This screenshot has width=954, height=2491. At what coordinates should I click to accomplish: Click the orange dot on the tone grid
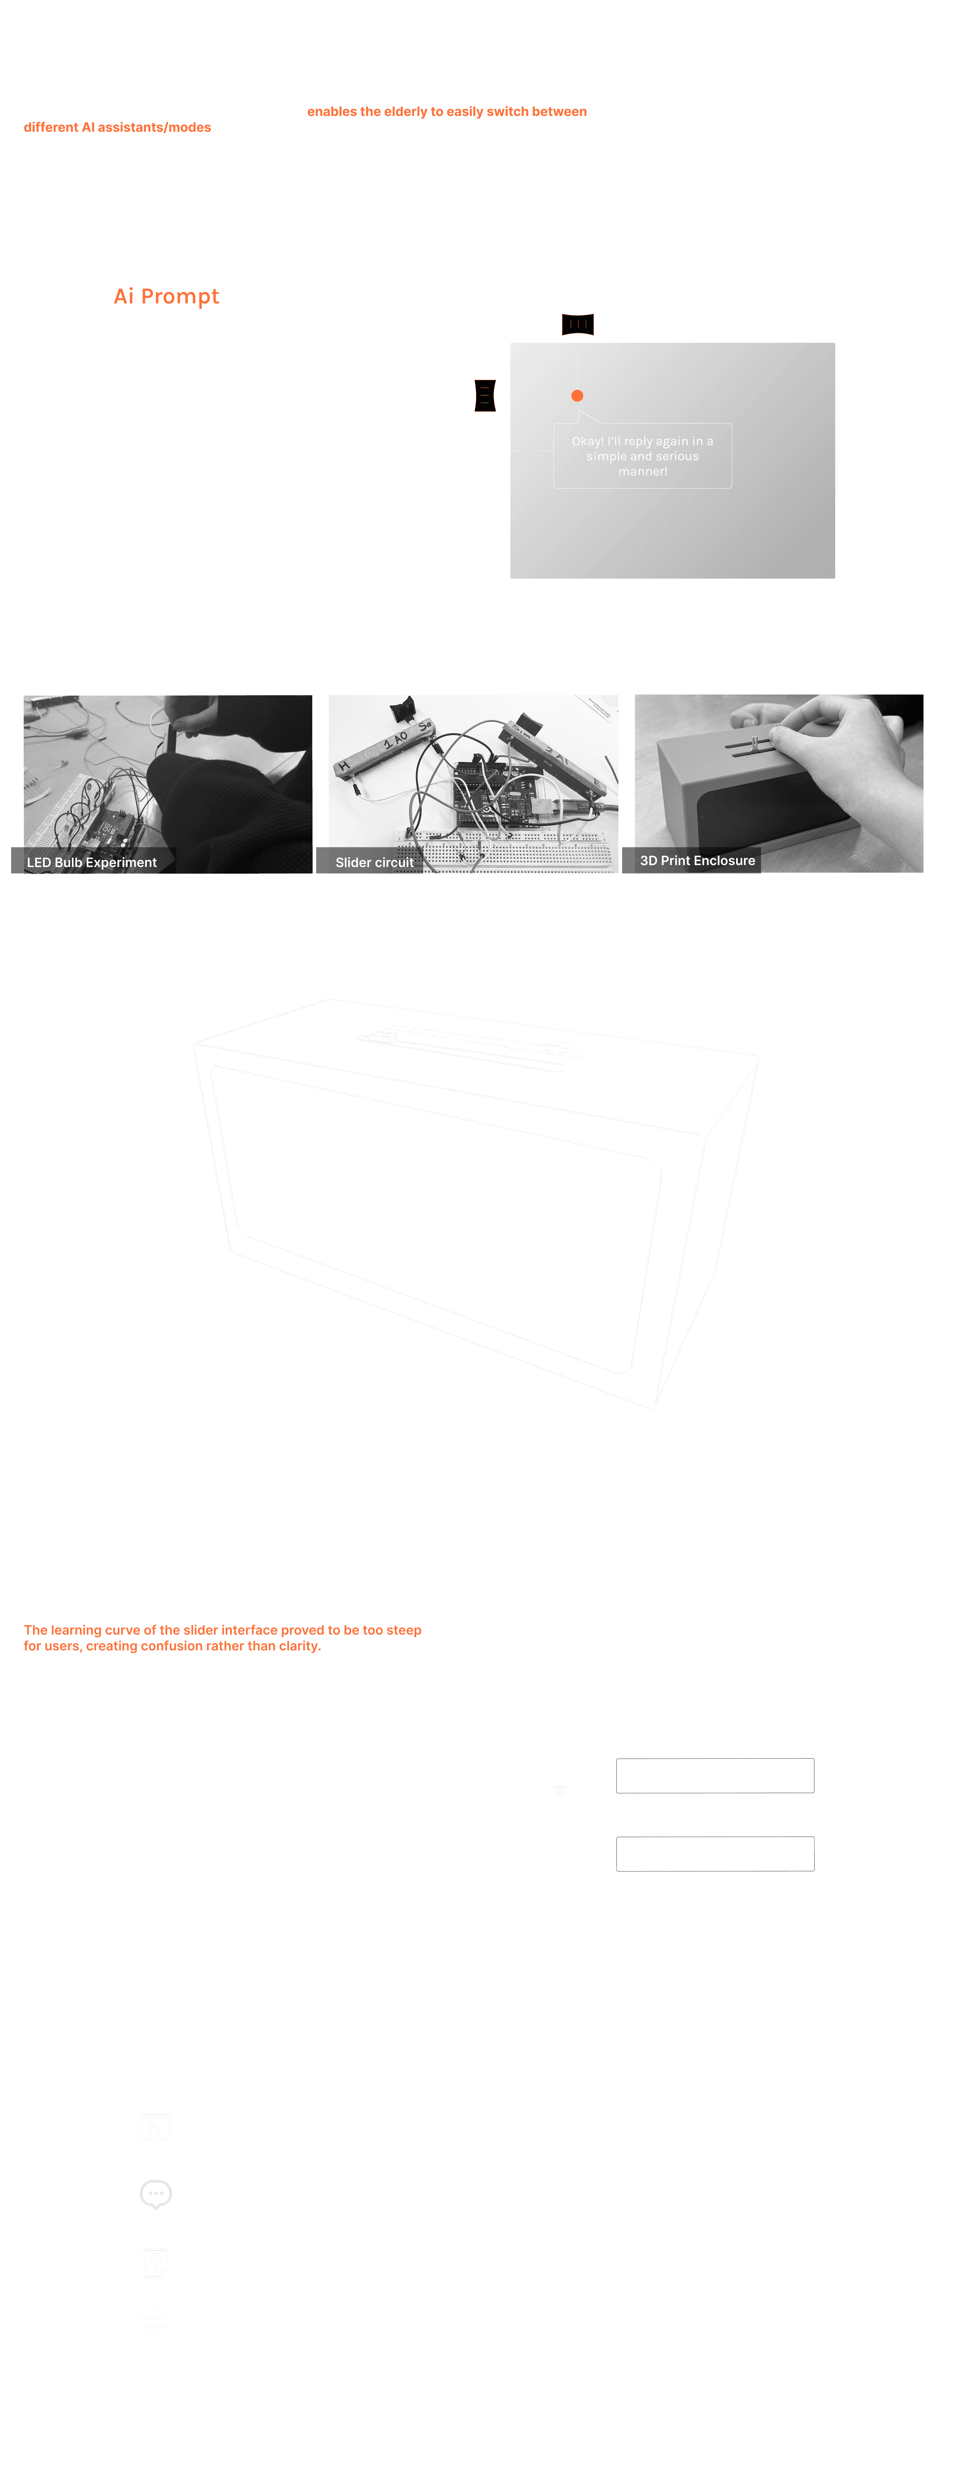577,396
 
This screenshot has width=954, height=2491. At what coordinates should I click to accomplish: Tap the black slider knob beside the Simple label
578,324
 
